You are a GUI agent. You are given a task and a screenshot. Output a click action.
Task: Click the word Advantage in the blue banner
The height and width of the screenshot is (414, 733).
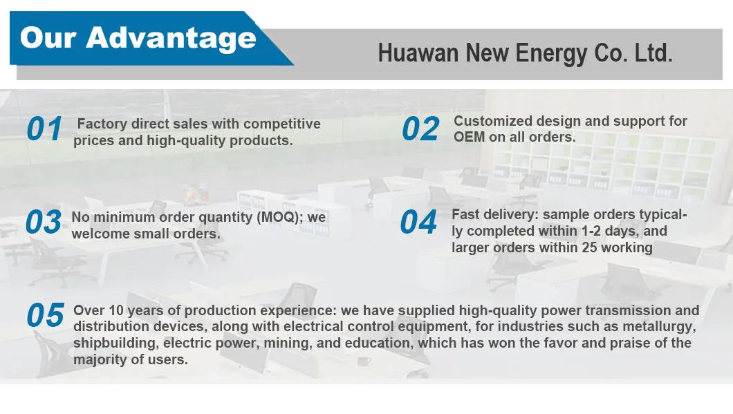[171, 39]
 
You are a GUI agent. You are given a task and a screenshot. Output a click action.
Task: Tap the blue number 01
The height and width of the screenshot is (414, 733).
[44, 129]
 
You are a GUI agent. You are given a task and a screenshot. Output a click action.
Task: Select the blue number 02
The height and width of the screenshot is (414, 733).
[420, 129]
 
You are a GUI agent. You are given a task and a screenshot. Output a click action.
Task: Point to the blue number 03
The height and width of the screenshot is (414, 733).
[44, 222]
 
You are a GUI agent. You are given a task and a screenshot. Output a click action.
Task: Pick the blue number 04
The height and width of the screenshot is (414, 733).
[419, 222]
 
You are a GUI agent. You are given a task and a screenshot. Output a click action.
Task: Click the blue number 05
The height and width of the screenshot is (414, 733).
[45, 315]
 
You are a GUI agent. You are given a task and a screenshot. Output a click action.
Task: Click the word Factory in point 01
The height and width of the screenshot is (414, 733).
[102, 124]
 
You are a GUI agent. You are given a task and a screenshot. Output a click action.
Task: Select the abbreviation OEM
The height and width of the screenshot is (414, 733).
[469, 137]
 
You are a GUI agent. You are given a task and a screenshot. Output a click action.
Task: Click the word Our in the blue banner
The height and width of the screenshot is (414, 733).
[48, 37]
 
